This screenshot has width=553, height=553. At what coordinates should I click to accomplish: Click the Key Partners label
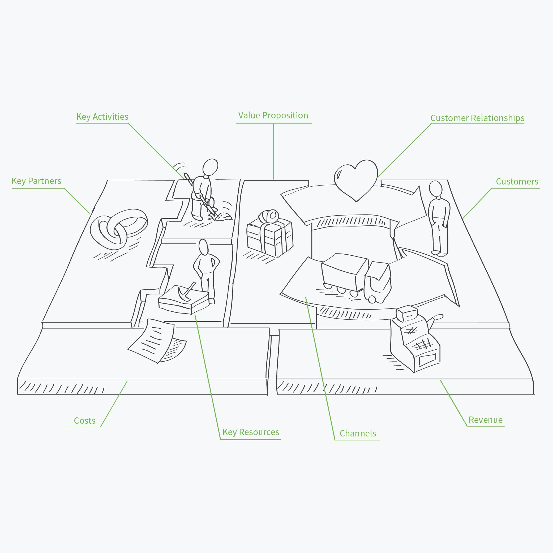click(36, 181)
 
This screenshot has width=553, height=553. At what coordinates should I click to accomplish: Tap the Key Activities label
click(102, 117)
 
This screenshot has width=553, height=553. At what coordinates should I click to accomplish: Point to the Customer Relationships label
click(477, 118)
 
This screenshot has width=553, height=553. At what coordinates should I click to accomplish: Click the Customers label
click(517, 182)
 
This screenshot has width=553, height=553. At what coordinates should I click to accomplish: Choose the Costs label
click(85, 421)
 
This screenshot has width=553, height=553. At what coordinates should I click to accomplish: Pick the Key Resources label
click(251, 432)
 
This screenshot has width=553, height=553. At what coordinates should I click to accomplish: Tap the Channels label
click(358, 433)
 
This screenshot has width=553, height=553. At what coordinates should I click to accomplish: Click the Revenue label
click(486, 420)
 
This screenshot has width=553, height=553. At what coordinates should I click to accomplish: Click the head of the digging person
click(210, 167)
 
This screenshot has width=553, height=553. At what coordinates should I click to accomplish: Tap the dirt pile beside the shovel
click(224, 217)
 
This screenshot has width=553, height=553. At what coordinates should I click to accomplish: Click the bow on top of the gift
click(269, 216)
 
